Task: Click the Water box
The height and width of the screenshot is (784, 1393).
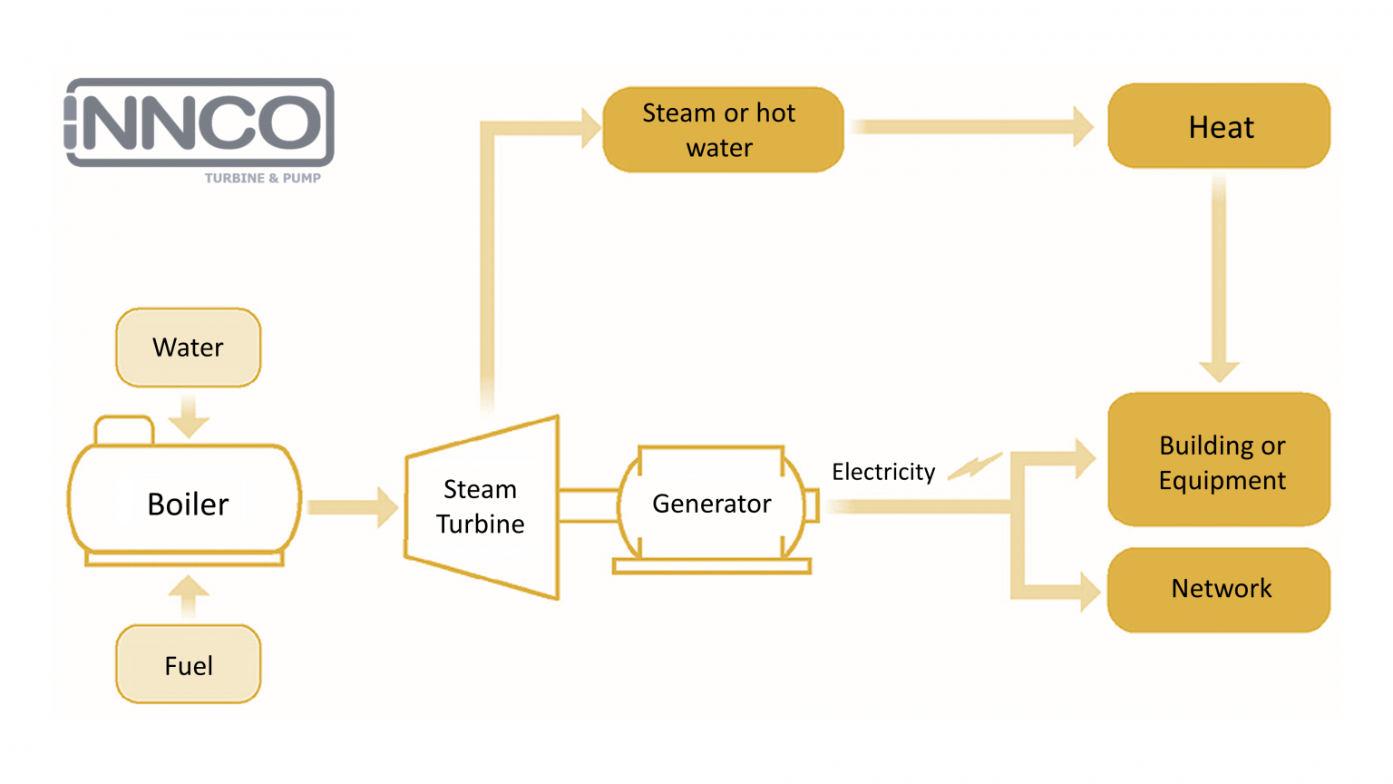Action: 188,348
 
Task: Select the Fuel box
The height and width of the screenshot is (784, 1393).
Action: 188,665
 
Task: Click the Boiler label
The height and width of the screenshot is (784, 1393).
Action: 188,504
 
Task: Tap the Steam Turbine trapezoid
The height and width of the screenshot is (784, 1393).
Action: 481,507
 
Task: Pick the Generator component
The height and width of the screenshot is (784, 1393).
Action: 712,504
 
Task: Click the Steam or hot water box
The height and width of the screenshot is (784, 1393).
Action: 722,130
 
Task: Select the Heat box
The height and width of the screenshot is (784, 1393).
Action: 1219,127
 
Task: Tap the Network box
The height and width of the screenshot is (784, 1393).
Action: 1219,589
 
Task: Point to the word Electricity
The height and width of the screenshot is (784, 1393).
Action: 883,472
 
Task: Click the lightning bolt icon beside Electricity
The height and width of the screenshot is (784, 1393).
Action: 975,465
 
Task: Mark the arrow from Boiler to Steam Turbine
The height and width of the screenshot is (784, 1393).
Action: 353,507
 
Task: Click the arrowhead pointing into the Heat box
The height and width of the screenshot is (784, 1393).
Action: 1083,127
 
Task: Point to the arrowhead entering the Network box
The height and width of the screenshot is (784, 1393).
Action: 1088,592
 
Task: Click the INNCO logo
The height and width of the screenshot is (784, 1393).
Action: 200,122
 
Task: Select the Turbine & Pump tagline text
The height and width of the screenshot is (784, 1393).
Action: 262,178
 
